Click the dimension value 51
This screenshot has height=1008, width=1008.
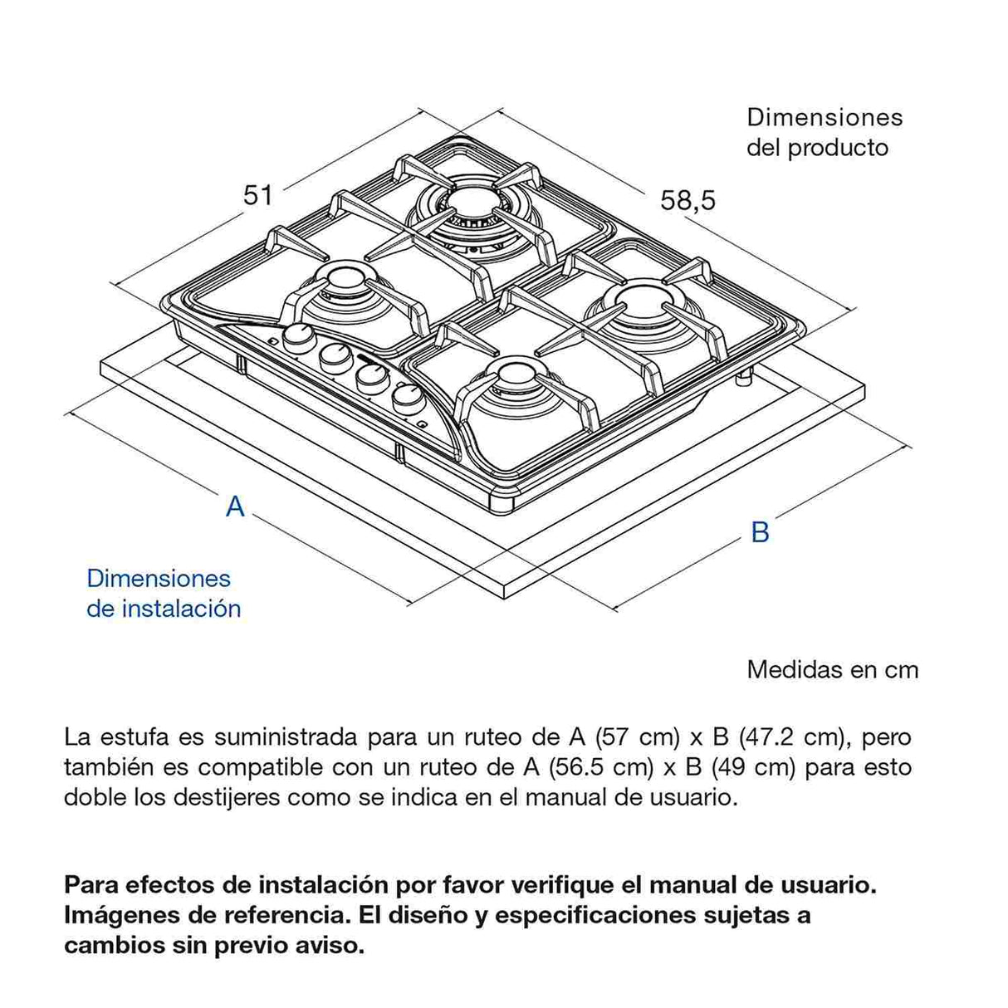click(x=257, y=194)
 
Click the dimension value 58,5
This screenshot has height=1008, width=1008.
click(x=687, y=200)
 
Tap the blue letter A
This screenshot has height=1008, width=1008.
click(x=235, y=506)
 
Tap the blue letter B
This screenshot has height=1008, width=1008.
click(x=760, y=531)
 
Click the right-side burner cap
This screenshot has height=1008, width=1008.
click(x=642, y=296)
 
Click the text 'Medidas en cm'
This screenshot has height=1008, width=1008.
click(x=832, y=669)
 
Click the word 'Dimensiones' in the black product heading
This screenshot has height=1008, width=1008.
click(x=824, y=117)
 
